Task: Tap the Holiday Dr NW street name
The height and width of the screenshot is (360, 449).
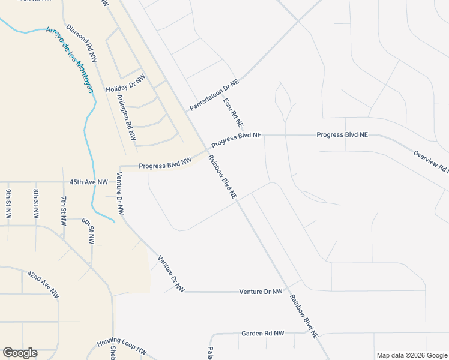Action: (x=126, y=84)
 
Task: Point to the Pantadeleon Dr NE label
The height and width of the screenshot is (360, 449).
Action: (x=214, y=95)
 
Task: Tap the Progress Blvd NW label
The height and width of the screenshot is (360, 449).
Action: (x=164, y=162)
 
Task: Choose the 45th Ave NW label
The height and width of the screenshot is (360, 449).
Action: (x=89, y=182)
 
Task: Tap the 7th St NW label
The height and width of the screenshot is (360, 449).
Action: (x=64, y=210)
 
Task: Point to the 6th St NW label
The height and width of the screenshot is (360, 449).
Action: (x=88, y=230)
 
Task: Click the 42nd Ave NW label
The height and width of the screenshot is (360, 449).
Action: (x=43, y=284)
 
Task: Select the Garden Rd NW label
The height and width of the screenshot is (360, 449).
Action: (x=262, y=333)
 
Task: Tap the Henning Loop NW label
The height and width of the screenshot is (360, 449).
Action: (x=122, y=349)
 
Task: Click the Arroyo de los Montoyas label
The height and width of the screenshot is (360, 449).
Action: (x=70, y=59)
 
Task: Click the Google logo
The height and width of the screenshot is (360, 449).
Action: (x=20, y=353)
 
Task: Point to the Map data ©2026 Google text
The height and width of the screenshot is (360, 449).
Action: (x=412, y=355)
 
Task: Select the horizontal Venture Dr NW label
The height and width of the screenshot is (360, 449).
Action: (x=261, y=292)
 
